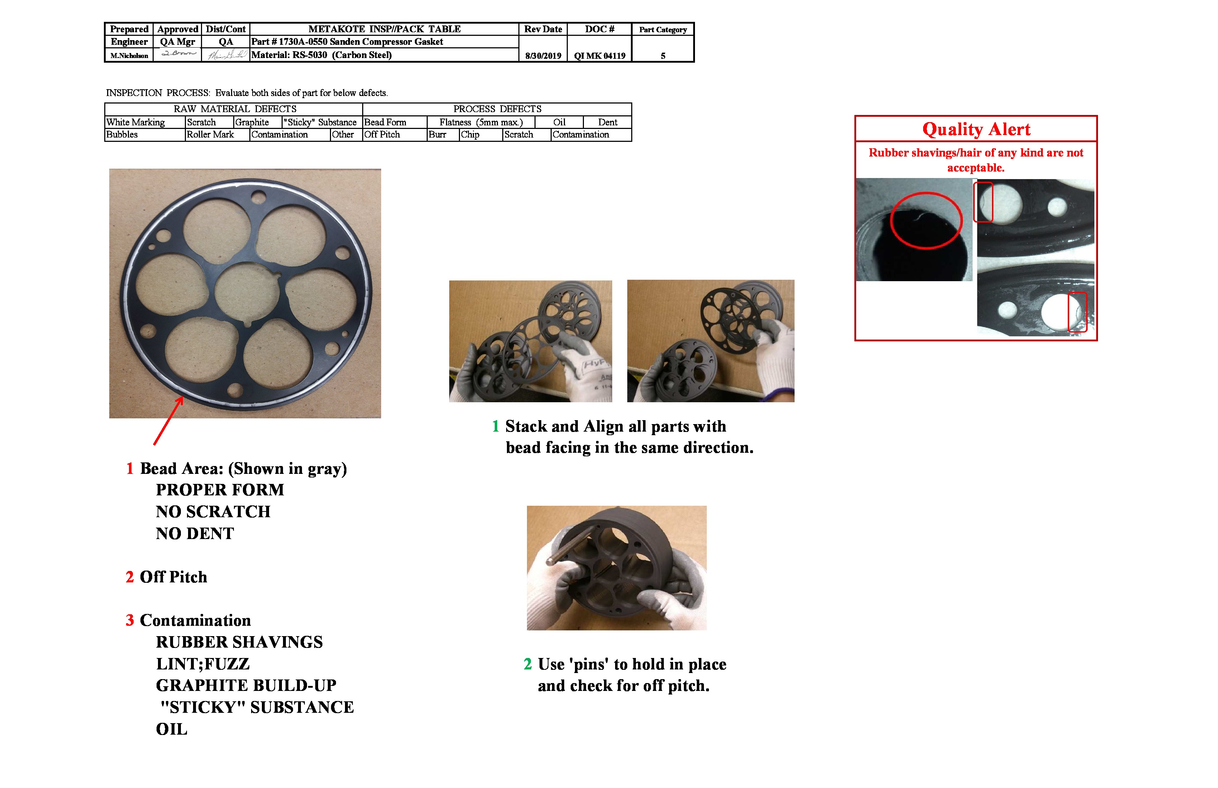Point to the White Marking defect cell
tap(136, 122)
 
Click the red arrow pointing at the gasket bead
tap(168, 421)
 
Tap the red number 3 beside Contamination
tap(129, 620)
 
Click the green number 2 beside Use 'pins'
tap(528, 664)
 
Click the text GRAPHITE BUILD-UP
tap(246, 686)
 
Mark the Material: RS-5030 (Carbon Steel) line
tap(321, 55)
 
